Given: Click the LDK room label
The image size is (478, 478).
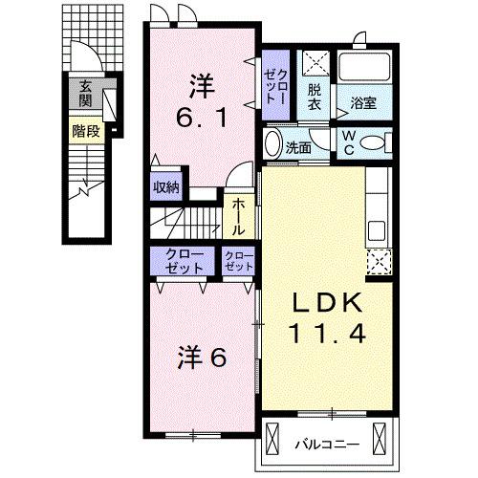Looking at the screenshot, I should (327, 305).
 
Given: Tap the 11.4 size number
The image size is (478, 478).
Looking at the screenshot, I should (327, 336).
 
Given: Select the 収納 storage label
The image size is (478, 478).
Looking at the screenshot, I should (166, 187).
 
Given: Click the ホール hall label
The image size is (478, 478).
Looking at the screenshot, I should (238, 217).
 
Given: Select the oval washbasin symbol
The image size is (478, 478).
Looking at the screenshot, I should (272, 147).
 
